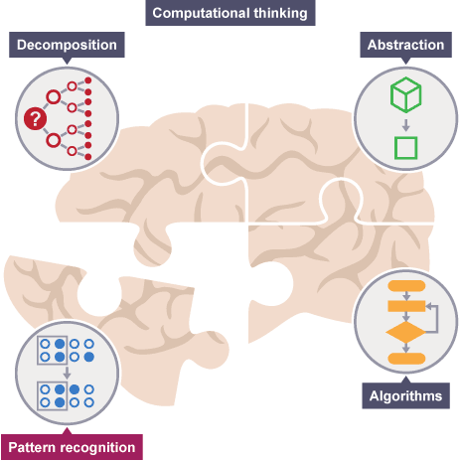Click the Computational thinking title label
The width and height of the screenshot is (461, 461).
click(230, 13)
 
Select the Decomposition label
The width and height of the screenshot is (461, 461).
click(67, 45)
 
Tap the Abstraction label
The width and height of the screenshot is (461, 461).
click(405, 45)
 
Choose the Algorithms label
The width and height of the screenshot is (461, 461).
click(405, 395)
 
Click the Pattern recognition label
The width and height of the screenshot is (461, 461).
click(72, 447)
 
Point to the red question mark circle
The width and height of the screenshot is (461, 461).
click(35, 118)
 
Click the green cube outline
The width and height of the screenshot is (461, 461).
click(405, 94)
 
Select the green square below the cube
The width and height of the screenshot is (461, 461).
click(405, 148)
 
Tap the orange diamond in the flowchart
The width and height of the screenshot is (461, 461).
click(406, 332)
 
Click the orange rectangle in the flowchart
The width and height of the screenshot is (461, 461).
click(406, 306)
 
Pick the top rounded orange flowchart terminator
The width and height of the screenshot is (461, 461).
click(406, 286)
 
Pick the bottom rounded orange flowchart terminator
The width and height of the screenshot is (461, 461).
click(406, 359)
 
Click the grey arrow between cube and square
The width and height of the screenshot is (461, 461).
click(405, 125)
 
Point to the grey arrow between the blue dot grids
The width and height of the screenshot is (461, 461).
click(67, 373)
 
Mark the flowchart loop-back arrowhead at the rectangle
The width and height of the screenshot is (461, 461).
click(429, 306)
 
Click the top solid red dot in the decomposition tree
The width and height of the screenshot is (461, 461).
click(88, 80)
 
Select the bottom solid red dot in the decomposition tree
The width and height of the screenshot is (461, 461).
click(88, 157)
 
